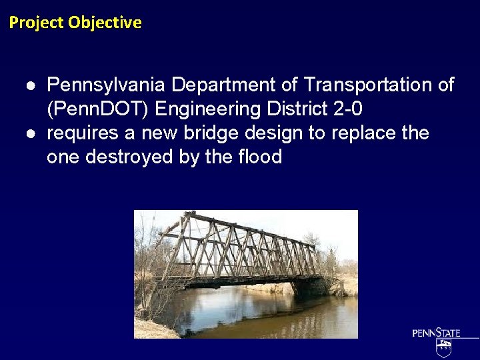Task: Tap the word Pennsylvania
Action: tap(107, 85)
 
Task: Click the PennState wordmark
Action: tap(436, 333)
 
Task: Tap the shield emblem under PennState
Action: tap(444, 347)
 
